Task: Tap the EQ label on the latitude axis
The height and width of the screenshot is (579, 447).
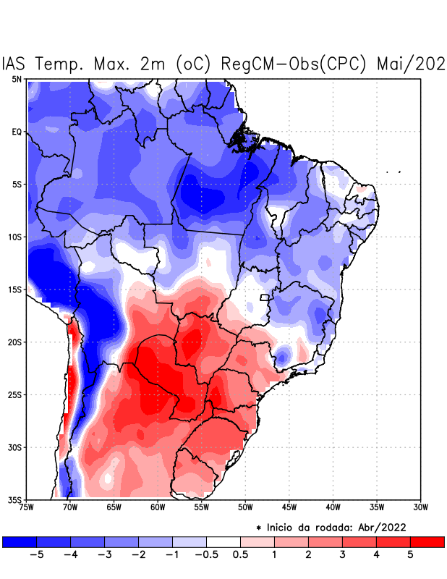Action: click(16, 132)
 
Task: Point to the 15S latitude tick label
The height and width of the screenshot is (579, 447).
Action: click(14, 289)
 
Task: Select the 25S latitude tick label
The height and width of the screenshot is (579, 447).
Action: click(14, 394)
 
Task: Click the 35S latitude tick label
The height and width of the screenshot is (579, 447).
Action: click(14, 499)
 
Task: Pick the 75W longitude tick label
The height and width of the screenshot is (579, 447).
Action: click(27, 507)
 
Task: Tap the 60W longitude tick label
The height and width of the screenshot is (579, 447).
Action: click(157, 507)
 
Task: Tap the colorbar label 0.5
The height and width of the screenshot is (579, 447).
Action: click(242, 555)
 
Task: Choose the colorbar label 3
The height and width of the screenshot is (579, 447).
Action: click(343, 555)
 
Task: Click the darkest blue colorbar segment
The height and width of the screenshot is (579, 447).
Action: click(19, 541)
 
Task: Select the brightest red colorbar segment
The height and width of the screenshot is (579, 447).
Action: click(427, 541)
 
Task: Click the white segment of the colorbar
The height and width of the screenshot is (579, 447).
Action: click(223, 541)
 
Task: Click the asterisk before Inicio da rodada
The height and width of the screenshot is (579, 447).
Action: click(258, 528)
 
